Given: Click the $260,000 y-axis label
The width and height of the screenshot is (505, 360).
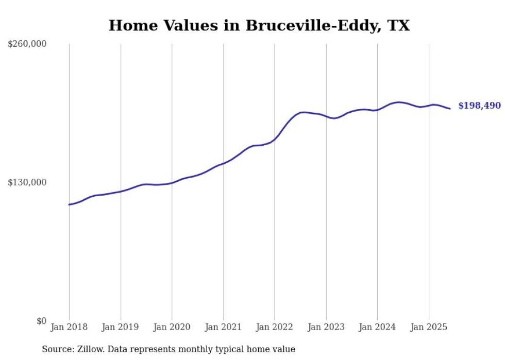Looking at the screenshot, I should tap(27, 44).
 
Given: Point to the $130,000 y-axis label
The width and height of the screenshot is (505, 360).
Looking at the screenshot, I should tap(27, 182).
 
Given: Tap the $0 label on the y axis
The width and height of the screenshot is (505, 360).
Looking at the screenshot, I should tap(41, 321).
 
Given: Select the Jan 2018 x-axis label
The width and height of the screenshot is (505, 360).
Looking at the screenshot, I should tap(69, 327).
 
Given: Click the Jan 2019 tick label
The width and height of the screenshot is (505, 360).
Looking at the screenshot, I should tap(120, 327).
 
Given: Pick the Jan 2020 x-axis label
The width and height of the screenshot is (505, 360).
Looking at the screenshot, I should tap(172, 327).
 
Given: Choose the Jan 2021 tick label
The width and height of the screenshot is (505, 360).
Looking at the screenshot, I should tap(223, 327).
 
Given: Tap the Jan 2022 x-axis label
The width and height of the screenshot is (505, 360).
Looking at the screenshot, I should tap(274, 327).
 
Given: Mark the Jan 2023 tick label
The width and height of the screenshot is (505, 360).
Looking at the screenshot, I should tap(326, 327).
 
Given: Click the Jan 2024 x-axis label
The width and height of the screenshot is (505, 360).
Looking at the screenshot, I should tap(377, 327).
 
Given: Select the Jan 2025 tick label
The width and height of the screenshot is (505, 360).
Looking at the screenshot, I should tap(429, 327).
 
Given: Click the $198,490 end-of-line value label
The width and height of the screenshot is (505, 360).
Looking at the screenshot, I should tap(479, 106).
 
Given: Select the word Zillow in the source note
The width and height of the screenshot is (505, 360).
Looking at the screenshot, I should tap(93, 349).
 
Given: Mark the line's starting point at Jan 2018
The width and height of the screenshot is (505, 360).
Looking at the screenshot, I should tap(69, 204).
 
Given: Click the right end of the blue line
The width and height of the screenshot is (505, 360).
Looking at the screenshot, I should tap(450, 109).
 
